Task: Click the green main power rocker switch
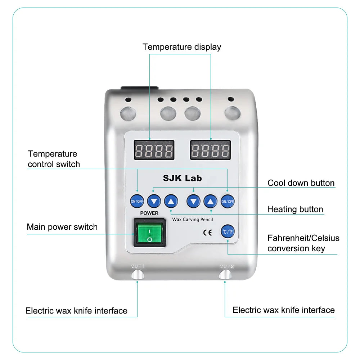(x=150, y=234)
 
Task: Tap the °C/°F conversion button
(x=228, y=231)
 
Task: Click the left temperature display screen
(x=154, y=150)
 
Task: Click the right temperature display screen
(x=210, y=150)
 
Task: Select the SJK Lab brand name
(x=183, y=178)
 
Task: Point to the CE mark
(x=207, y=232)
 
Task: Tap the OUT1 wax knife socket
(x=137, y=275)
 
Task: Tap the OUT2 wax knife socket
(x=226, y=274)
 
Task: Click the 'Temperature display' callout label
(x=182, y=47)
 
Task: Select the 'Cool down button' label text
(x=301, y=183)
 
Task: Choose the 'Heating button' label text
(x=295, y=209)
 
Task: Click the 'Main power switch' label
(x=62, y=227)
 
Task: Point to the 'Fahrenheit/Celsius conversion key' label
(x=303, y=243)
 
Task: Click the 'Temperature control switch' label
(x=54, y=159)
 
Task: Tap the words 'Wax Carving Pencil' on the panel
(x=193, y=219)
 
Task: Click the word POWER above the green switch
(x=149, y=213)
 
